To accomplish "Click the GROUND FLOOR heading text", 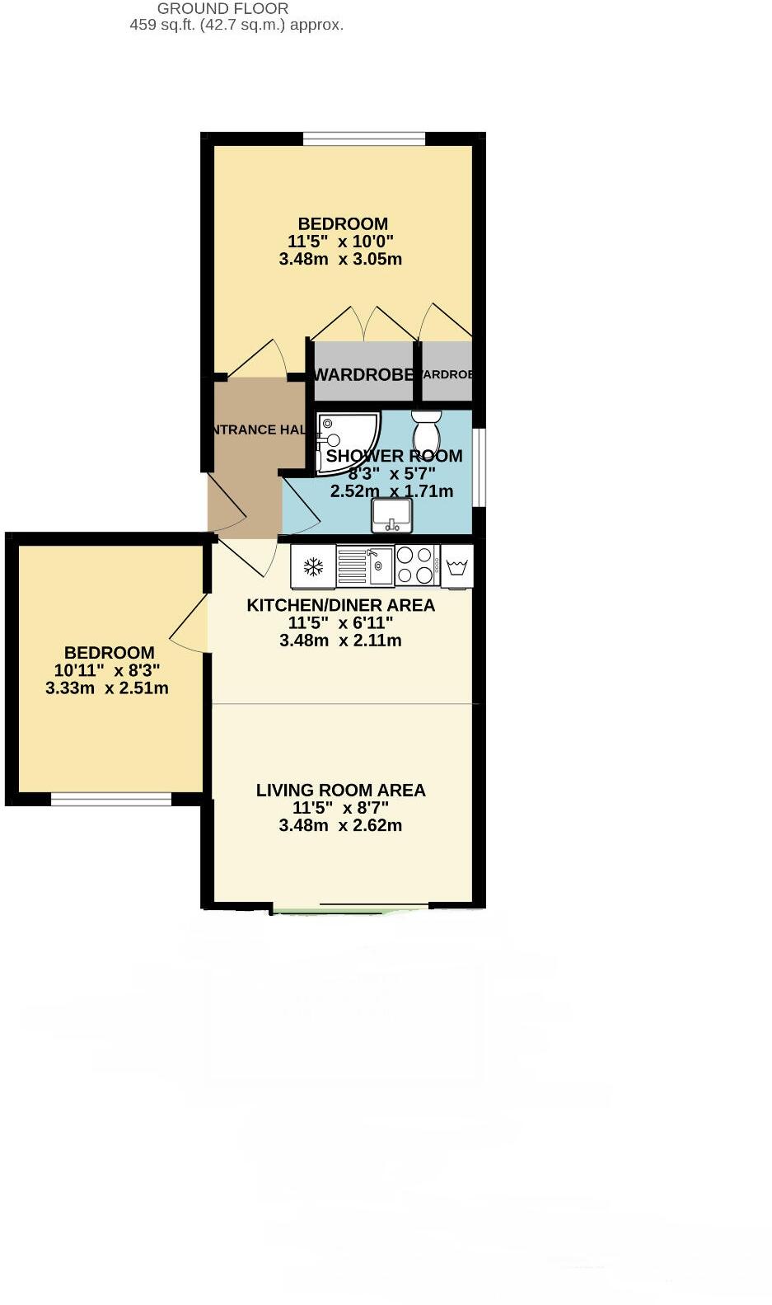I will (222, 8).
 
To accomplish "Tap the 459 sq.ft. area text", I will (236, 25).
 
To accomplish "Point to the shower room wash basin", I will (392, 516).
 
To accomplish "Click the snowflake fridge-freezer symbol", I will (313, 566).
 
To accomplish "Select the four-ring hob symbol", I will (417, 566).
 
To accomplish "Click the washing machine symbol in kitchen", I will (457, 566).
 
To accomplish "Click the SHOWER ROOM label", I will (394, 456).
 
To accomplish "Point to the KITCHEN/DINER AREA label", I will (340, 605).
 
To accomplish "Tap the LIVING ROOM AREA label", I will (340, 791).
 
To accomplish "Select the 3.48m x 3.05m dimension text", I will (340, 259).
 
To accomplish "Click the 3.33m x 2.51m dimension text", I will (107, 688).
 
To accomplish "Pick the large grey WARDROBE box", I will (363, 373).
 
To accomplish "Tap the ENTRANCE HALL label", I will (257, 430).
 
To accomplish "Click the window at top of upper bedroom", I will (363, 138).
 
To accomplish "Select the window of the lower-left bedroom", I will (111, 799).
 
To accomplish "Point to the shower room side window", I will (479, 467).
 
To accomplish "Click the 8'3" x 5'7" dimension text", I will (391, 474).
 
